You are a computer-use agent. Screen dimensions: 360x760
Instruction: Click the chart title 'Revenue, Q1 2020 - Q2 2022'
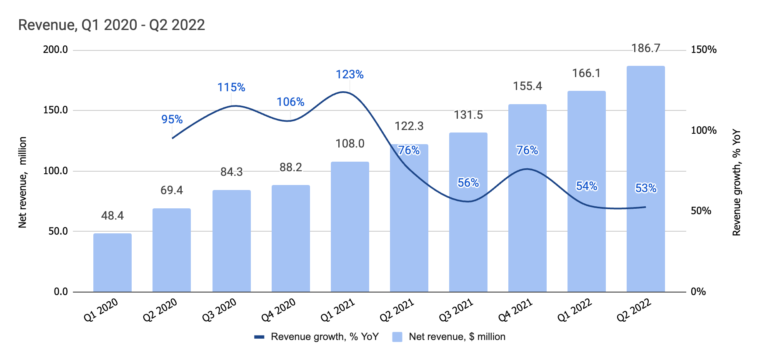click(x=112, y=25)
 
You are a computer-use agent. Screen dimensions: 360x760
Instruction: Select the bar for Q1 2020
click(x=112, y=262)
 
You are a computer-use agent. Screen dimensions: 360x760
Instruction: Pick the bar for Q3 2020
click(x=231, y=242)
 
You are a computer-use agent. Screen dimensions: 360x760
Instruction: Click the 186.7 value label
click(x=645, y=48)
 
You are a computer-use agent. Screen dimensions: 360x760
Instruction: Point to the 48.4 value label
click(x=112, y=215)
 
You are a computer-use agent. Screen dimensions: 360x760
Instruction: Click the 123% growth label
click(x=350, y=75)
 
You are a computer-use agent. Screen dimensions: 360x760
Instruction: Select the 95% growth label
click(x=172, y=120)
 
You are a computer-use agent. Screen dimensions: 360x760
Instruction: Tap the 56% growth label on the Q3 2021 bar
click(x=468, y=183)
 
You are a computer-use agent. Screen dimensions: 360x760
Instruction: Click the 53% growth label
click(x=645, y=188)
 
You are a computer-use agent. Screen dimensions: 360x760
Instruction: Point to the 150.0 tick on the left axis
click(x=55, y=110)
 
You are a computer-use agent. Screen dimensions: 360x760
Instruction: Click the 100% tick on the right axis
click(x=704, y=130)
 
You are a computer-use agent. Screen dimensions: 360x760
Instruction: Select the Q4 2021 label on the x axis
click(x=516, y=310)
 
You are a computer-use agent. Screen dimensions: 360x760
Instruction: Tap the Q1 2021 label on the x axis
click(x=338, y=310)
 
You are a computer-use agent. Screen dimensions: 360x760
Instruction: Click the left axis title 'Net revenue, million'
click(x=22, y=182)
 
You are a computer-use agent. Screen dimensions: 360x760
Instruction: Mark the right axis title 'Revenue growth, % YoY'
click(x=737, y=182)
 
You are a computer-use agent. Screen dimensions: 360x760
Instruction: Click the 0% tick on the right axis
click(x=698, y=292)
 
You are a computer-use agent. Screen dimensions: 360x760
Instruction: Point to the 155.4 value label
click(x=527, y=86)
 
